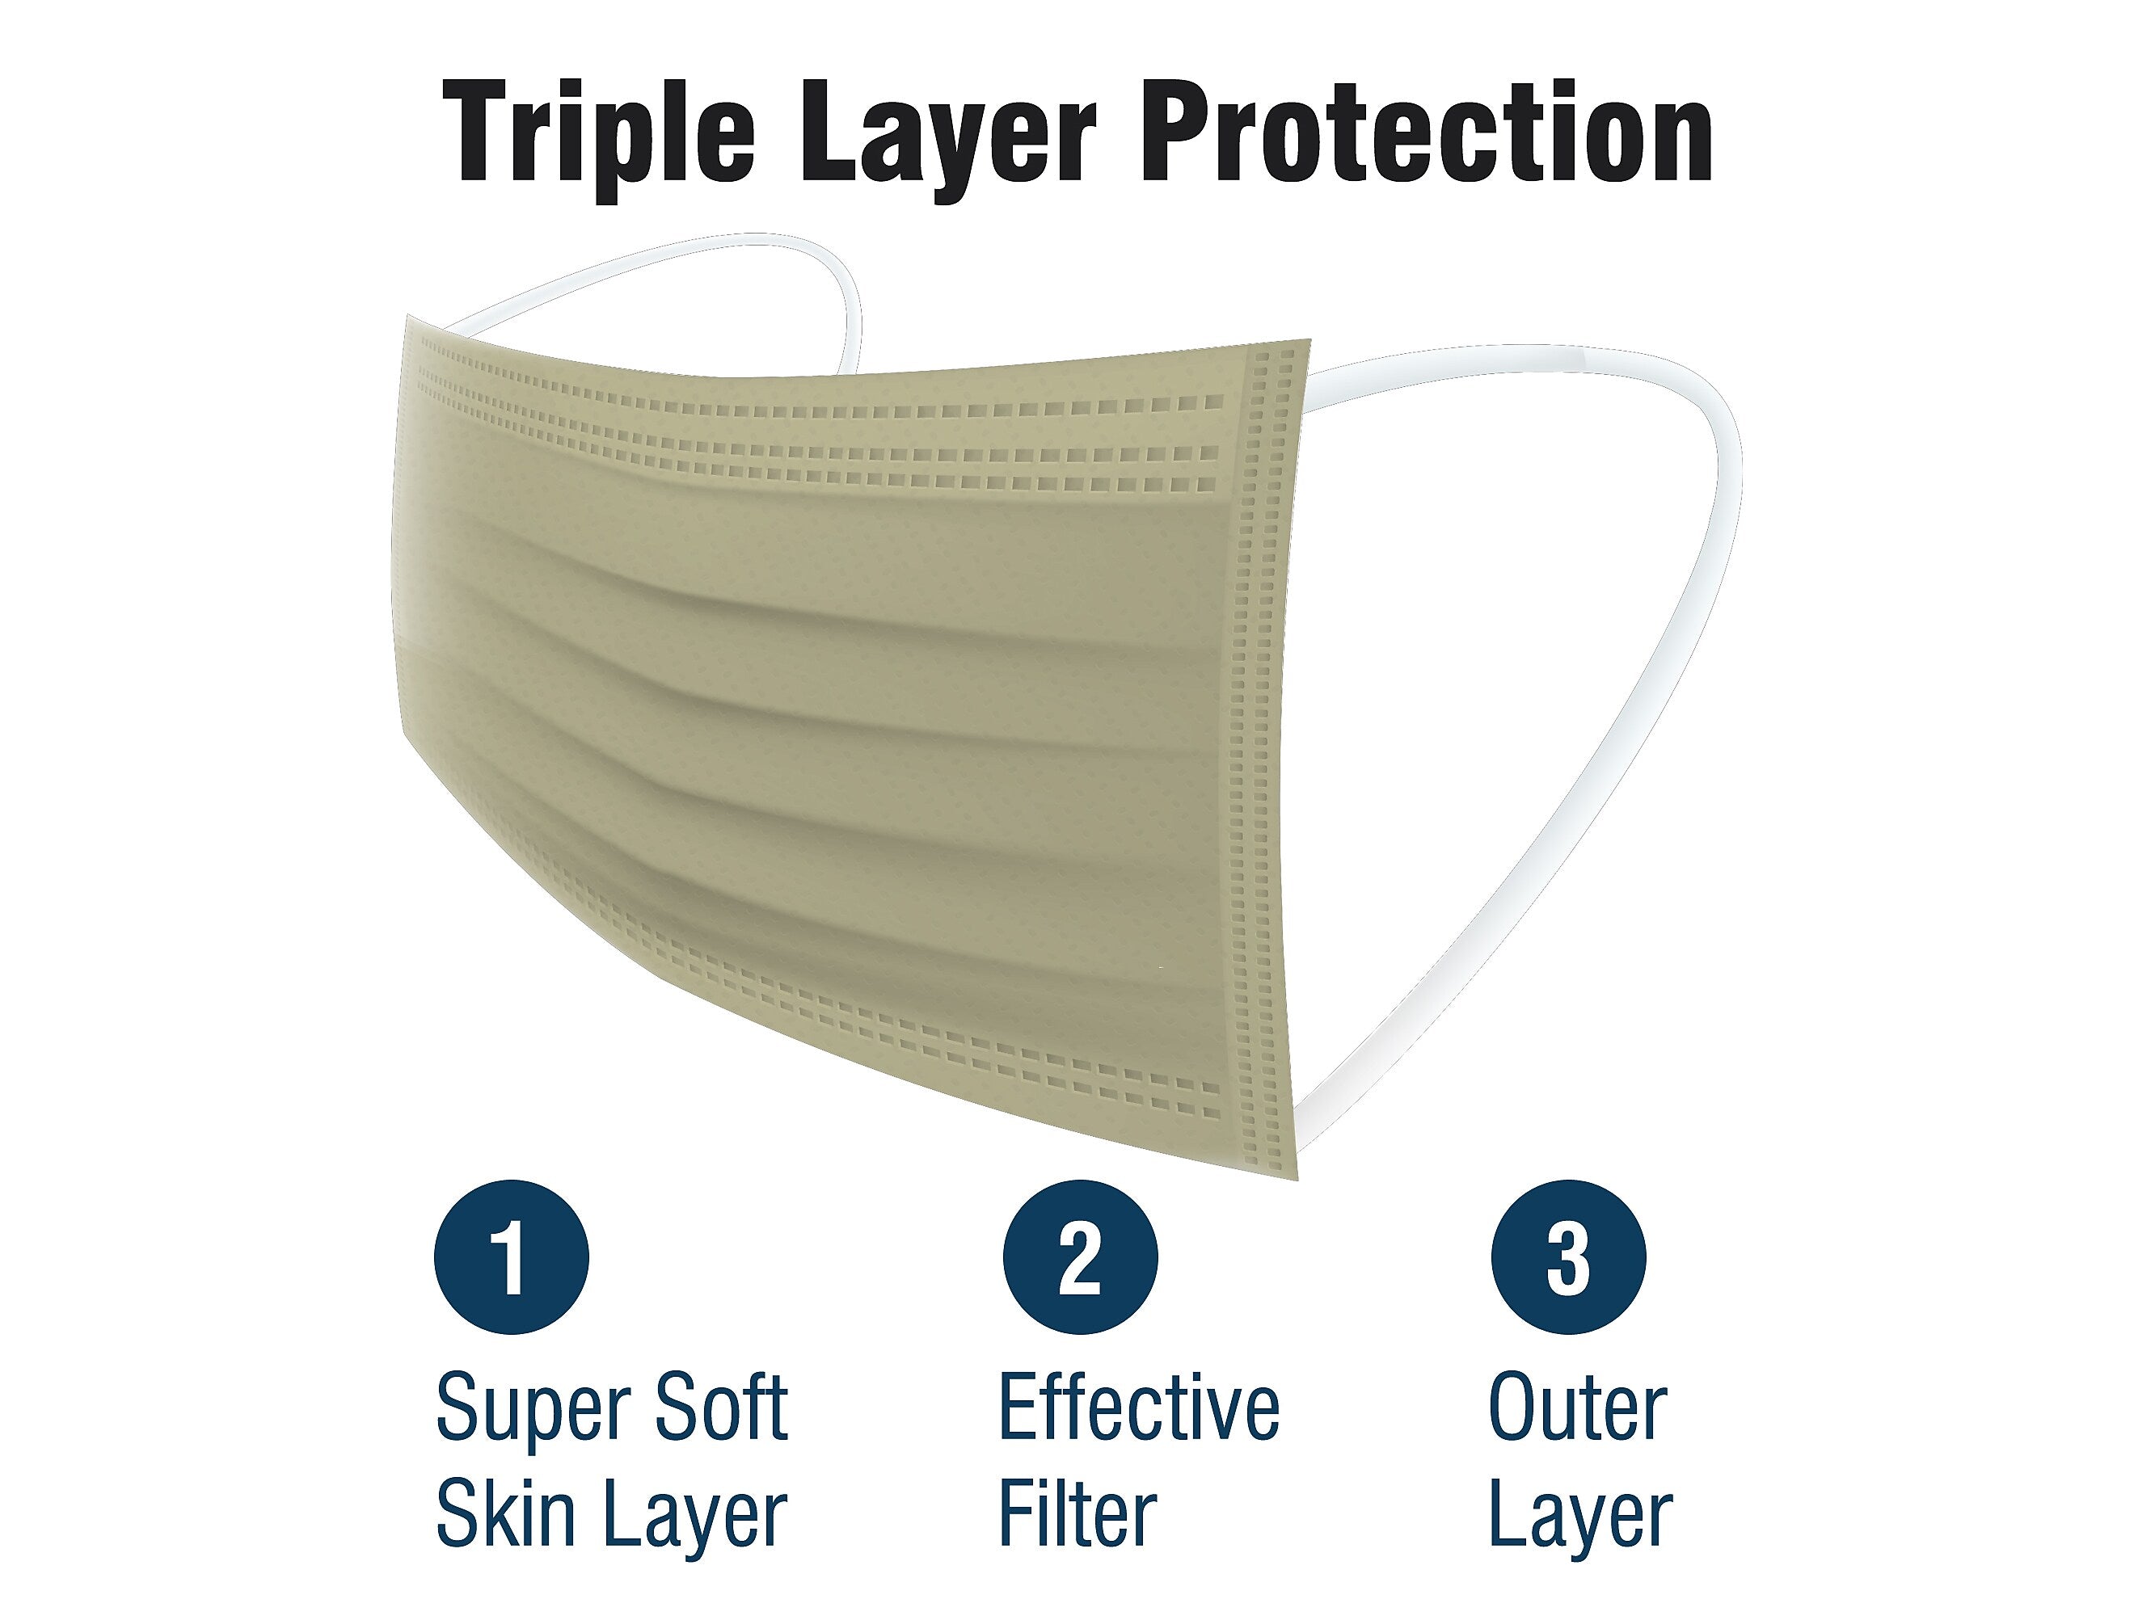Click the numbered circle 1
512,1256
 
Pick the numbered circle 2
1081,1256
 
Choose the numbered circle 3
1568,1256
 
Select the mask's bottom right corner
1297,1180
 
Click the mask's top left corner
407,316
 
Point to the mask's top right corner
1309,341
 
